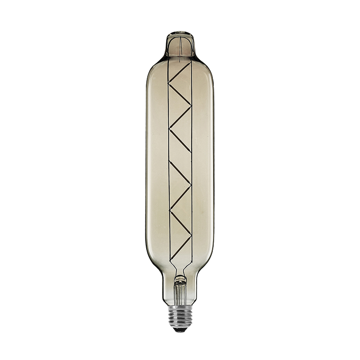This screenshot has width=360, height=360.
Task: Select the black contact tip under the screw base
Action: point(180,330)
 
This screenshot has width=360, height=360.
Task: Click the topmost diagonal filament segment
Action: point(180,72)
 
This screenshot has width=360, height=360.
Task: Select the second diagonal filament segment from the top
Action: point(180,94)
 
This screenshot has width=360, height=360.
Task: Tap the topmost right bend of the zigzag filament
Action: point(191,106)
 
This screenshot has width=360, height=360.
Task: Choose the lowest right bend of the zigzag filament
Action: point(191,235)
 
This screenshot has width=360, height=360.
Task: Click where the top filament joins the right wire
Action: point(191,62)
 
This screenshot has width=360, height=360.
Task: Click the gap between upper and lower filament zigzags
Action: point(180,155)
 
